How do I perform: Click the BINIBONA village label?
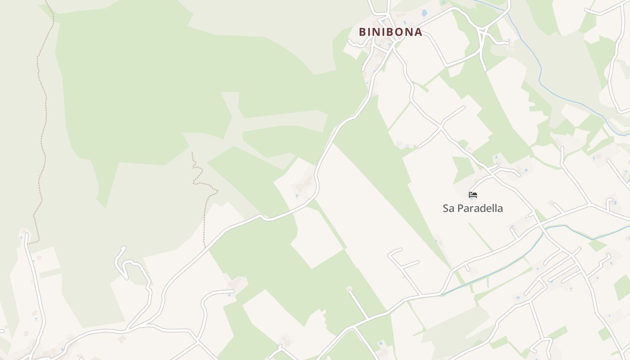point(390,32)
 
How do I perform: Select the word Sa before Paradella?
point(448,208)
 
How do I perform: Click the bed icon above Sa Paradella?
point(473,195)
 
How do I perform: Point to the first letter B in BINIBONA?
point(362,32)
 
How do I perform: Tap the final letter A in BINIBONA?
point(418,32)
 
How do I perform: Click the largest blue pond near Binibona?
point(423,13)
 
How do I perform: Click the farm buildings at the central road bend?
point(304,184)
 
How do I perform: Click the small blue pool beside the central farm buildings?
point(297,196)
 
